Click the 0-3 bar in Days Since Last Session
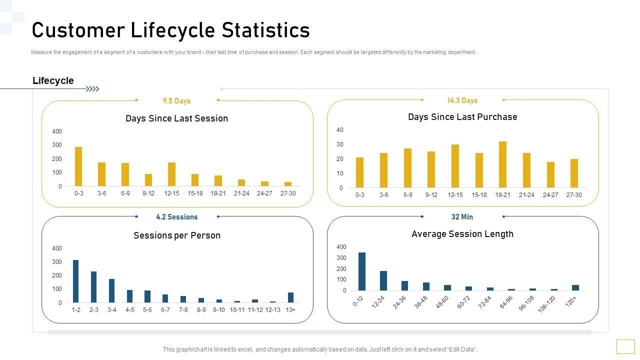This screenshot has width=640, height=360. (x=78, y=166)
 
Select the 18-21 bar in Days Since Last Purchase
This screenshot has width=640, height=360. (x=502, y=164)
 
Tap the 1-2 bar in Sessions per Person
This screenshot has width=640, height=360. (x=76, y=281)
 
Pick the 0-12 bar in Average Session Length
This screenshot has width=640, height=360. (x=362, y=271)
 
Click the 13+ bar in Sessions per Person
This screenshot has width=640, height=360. (x=290, y=297)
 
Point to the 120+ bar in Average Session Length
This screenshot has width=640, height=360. (x=575, y=287)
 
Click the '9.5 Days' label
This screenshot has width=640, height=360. (x=177, y=101)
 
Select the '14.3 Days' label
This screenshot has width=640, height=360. (x=462, y=100)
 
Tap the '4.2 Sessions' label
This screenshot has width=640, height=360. (x=177, y=217)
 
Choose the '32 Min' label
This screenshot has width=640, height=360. (x=462, y=217)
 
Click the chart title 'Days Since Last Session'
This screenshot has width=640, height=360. (x=176, y=118)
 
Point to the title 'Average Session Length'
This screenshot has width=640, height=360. (x=462, y=234)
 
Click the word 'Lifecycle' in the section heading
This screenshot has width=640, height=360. (x=53, y=81)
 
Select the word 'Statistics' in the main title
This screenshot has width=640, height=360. (x=266, y=30)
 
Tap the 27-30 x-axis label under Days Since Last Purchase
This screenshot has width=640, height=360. (x=574, y=195)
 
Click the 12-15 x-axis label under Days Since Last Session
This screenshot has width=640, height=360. (x=171, y=193)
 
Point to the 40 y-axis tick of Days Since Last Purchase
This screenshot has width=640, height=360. (x=340, y=130)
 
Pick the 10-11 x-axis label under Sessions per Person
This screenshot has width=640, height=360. (x=237, y=310)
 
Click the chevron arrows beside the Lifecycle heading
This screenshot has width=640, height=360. (x=92, y=89)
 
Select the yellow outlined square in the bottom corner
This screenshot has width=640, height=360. (x=625, y=346)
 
